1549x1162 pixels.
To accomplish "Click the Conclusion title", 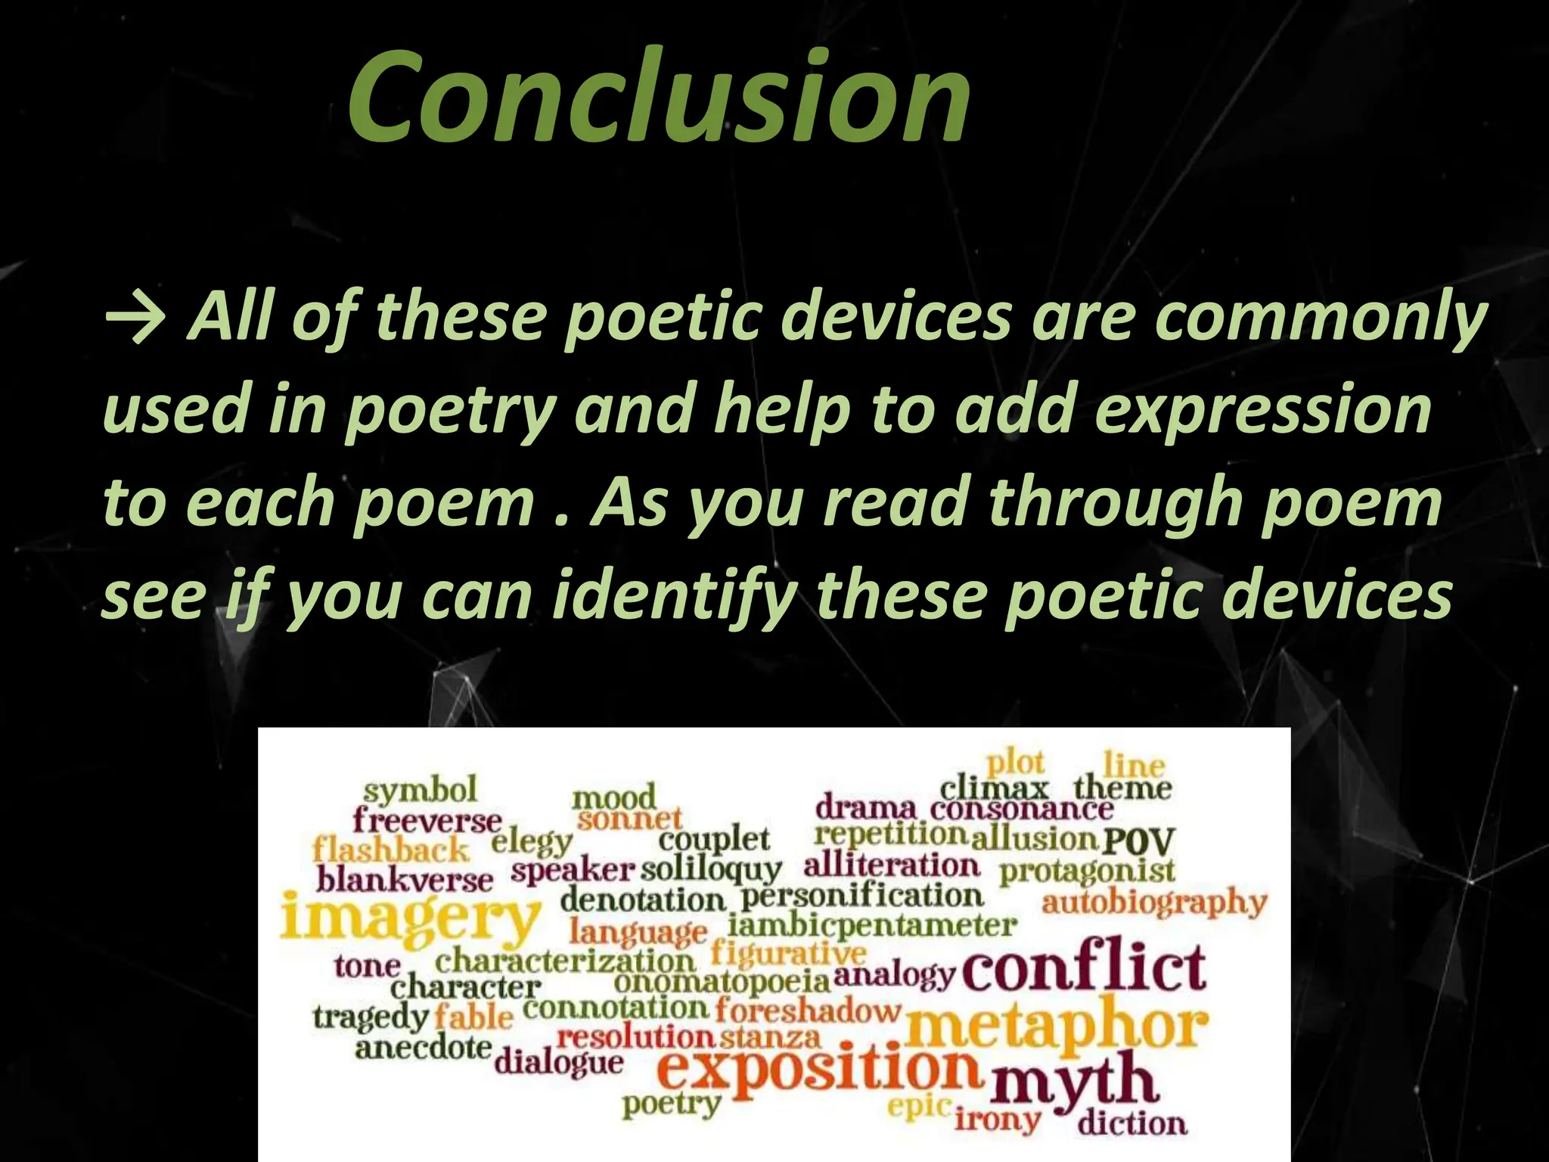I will (658, 97).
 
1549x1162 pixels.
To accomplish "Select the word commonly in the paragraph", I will (1321, 318).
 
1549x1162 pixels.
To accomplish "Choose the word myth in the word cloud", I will (1074, 1082).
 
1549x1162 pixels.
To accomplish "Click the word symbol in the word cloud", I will (420, 791).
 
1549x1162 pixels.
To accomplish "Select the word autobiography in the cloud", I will (1153, 903).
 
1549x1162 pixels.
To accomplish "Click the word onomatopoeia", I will (722, 982).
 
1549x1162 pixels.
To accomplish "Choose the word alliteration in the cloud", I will (891, 865).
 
